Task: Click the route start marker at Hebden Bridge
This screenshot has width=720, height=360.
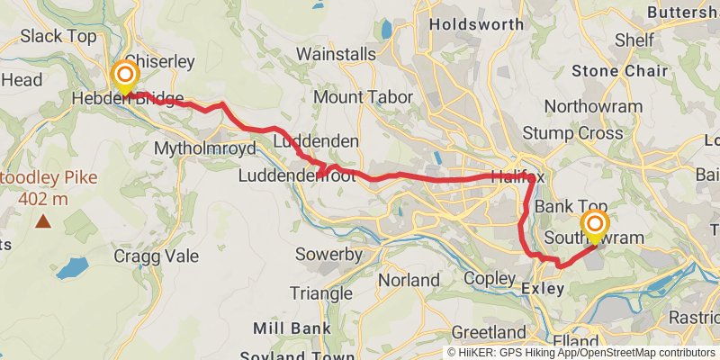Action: (x=124, y=74)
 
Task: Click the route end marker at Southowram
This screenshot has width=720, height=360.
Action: (x=595, y=225)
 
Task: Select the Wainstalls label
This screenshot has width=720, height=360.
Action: (x=336, y=55)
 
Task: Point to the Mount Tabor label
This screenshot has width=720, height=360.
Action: (x=363, y=97)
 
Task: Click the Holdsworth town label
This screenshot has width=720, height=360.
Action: (x=474, y=25)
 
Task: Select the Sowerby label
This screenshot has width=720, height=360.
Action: (x=328, y=255)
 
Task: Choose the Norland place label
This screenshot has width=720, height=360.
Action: (x=409, y=281)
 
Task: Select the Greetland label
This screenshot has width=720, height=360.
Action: (x=489, y=332)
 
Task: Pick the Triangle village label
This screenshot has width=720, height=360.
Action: (x=321, y=293)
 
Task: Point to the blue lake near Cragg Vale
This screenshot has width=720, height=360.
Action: (x=72, y=267)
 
